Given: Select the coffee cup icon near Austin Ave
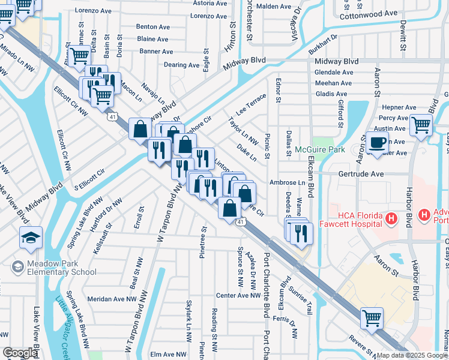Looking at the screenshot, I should [378, 143].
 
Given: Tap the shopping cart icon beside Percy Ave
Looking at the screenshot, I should [421, 125].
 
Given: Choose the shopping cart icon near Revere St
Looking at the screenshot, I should [372, 317].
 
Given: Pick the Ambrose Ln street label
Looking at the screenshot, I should [288, 182].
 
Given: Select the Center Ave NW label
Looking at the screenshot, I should [237, 295].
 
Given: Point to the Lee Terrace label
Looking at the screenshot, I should [251, 104].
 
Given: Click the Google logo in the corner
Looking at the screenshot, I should [20, 353].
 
